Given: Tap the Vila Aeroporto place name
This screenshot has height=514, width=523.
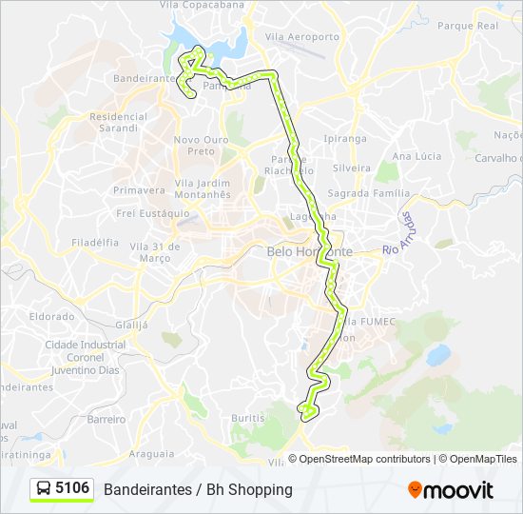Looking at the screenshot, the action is (x=302, y=37).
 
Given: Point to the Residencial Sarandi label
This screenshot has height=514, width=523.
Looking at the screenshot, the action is (x=118, y=121).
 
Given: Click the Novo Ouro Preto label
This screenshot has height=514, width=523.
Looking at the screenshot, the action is (x=195, y=145).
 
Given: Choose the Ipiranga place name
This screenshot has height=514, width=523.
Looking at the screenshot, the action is (x=345, y=138).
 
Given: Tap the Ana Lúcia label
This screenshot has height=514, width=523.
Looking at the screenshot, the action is (x=416, y=155).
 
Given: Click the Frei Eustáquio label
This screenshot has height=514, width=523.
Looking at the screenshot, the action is (x=151, y=214).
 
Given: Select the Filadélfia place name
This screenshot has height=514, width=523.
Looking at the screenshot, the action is (x=94, y=243).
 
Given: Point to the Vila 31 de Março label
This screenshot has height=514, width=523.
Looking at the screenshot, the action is (x=154, y=252).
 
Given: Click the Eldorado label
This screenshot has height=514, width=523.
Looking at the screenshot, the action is (x=51, y=316).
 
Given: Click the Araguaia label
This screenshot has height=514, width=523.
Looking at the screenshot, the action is (x=151, y=453).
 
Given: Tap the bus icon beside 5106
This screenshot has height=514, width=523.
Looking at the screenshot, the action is (x=44, y=489).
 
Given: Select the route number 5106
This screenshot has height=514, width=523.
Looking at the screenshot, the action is (x=73, y=489).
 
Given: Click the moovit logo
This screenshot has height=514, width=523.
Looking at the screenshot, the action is (x=451, y=490).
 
